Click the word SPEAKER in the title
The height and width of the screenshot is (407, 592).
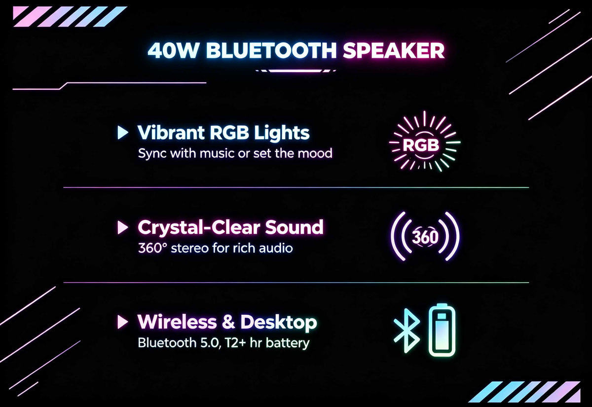click(394, 50)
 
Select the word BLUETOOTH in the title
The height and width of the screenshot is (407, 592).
click(271, 50)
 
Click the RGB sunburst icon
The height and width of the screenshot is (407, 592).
click(424, 142)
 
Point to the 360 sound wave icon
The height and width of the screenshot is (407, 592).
click(425, 236)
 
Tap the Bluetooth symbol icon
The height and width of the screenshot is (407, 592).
click(407, 331)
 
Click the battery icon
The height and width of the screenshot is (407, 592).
click(442, 331)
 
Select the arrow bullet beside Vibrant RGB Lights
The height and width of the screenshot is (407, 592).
click(123, 132)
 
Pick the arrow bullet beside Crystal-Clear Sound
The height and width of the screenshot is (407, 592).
click(123, 227)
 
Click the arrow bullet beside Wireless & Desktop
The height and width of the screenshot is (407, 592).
click(123, 322)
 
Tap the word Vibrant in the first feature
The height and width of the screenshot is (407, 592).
click(171, 132)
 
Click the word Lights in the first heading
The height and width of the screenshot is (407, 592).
click(282, 133)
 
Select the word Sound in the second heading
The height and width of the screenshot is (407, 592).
click(294, 227)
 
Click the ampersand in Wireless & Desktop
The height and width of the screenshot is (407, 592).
click(228, 322)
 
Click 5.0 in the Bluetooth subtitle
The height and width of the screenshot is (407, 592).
click(210, 343)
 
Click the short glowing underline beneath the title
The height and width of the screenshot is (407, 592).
click(296, 71)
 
